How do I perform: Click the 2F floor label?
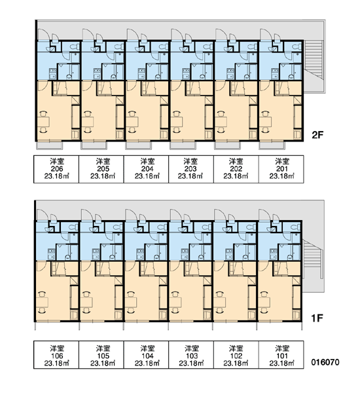point(317,135)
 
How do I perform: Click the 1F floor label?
point(317,318)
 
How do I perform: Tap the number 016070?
point(325,362)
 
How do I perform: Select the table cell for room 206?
point(56,169)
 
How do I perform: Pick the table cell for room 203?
point(191,169)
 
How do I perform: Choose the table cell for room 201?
point(281,169)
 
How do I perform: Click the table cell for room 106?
point(56,355)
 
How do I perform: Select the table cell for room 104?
point(146,355)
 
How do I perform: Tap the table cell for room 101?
point(281,355)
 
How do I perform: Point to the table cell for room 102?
point(236,355)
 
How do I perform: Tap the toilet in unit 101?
point(295,227)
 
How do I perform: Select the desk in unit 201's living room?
point(265,122)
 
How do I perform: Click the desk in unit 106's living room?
point(42,303)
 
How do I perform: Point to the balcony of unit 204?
point(139,145)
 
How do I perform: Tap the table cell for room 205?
point(101,169)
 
